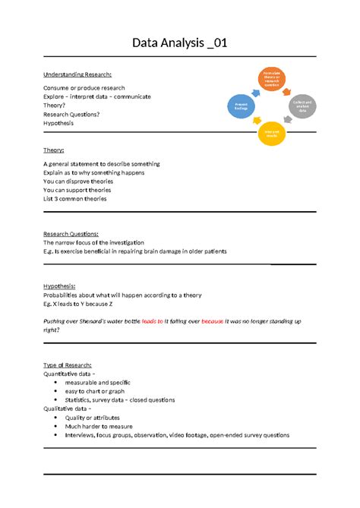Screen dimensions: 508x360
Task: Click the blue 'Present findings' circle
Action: point(242,107)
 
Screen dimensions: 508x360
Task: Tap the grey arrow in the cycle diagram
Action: point(290,125)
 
